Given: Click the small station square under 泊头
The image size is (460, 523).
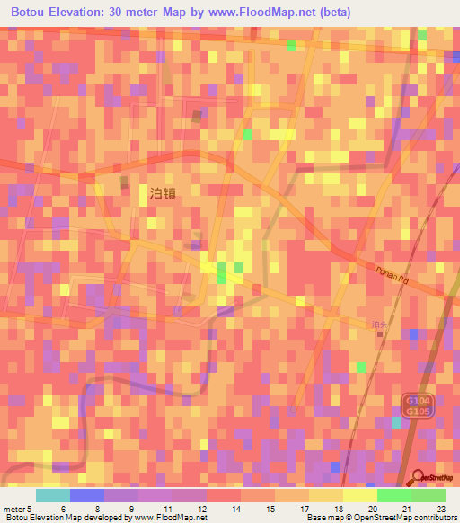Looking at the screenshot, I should click(x=379, y=334).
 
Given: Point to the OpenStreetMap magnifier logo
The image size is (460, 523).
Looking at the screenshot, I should click(x=417, y=478).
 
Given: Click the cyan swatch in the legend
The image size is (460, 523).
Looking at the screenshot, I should click(x=53, y=495).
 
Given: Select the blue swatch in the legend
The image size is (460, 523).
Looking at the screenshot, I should click(x=87, y=495).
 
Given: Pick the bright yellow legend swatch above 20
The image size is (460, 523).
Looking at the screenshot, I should click(x=360, y=495).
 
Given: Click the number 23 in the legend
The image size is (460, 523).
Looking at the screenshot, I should click(x=441, y=509).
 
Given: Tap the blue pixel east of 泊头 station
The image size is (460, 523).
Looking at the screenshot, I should click(x=412, y=334).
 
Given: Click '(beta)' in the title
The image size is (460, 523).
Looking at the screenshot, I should click(x=331, y=13).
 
